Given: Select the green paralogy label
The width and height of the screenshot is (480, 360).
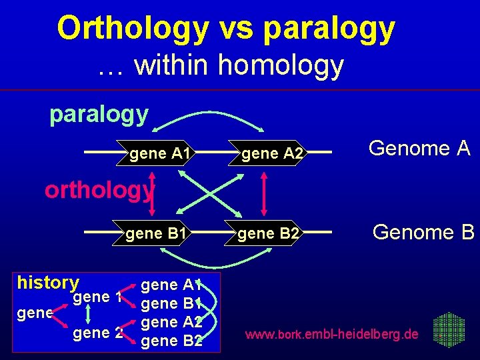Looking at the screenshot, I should coord(99,114).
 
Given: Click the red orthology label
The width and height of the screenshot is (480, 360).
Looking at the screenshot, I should coord(99,190).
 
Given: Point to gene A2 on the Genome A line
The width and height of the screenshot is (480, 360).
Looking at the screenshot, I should coord(273,155).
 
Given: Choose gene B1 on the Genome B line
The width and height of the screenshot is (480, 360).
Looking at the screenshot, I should coord(155,233).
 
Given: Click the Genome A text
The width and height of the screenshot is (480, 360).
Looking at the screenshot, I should coord(419,148).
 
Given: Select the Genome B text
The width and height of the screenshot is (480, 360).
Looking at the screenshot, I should coord(423,232).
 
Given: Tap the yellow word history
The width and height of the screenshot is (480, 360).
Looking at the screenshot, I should coord(48,282).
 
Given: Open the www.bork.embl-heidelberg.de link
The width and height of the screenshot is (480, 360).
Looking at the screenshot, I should coord(332,333).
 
